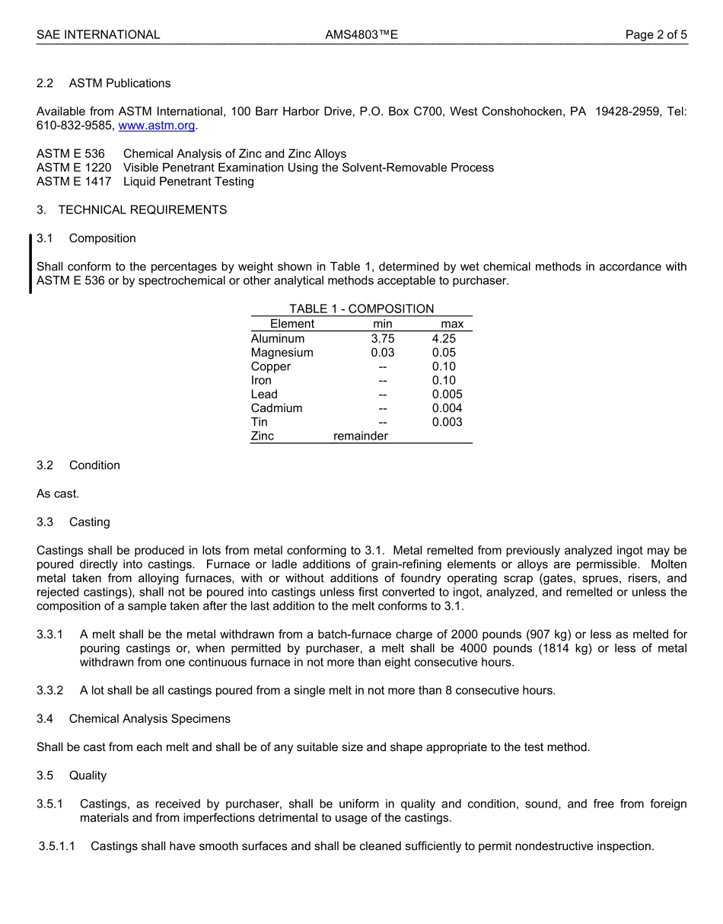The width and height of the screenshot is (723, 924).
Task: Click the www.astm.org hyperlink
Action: point(157,126)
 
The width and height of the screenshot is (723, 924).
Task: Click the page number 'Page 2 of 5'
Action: point(656,34)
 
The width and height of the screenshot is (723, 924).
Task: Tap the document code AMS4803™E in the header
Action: point(361,34)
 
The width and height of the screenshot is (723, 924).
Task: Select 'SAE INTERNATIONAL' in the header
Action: point(98,34)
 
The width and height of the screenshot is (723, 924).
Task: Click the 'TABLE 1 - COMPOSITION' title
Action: point(361,309)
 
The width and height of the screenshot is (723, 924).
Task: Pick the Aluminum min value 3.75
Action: point(383,338)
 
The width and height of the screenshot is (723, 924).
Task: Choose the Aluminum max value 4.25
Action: point(444,338)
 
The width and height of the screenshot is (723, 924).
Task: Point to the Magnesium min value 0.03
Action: point(383,353)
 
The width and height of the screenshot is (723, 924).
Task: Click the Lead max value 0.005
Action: point(447,394)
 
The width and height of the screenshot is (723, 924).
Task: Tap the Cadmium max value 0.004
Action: point(447,408)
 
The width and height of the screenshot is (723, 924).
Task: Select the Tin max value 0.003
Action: point(447,422)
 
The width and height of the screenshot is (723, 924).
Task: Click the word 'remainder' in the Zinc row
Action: point(361,436)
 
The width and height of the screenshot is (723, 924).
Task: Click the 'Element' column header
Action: point(291,324)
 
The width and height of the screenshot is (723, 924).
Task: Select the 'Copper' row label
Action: point(271,366)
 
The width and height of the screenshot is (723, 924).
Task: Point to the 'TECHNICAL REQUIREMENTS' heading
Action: point(142,209)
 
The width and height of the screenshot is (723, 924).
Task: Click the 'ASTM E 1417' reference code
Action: point(74,181)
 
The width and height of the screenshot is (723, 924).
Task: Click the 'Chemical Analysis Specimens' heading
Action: point(149,718)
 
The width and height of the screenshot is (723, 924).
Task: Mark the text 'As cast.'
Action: point(58,494)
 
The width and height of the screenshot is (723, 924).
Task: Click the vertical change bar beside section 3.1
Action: point(30,264)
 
